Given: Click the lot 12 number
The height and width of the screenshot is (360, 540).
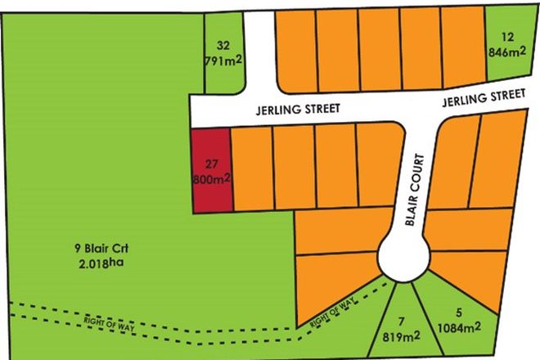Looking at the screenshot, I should [x=509, y=36].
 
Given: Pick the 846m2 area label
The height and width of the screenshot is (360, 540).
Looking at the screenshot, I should [x=509, y=52].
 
